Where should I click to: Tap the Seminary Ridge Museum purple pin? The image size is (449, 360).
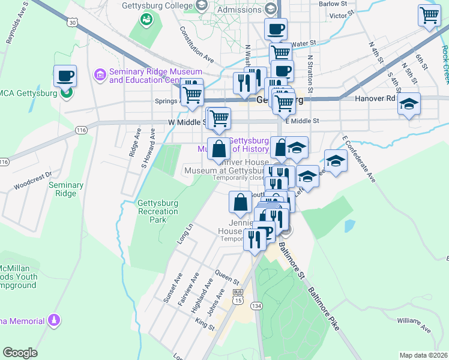pos(100,75)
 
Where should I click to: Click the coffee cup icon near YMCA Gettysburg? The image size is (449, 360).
pos(65,76)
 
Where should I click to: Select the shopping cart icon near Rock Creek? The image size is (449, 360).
pos(429,16)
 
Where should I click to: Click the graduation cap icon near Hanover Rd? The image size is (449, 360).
pos(409,104)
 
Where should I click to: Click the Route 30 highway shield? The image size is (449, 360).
pos(73,22)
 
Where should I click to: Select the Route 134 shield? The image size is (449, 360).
pos(256,306)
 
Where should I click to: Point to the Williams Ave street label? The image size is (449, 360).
pos(414,325)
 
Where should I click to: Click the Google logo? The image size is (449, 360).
pos(20,353)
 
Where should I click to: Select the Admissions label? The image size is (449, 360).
pos(239,10)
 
